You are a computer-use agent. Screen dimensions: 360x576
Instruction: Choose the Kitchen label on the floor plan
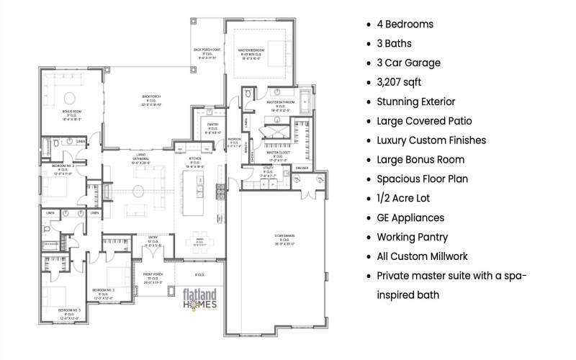point(196,162)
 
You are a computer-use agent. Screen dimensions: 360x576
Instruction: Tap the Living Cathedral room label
point(142,158)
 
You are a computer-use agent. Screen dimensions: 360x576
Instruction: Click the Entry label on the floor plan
point(153,241)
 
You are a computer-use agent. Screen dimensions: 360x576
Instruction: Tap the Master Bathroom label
point(278,106)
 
